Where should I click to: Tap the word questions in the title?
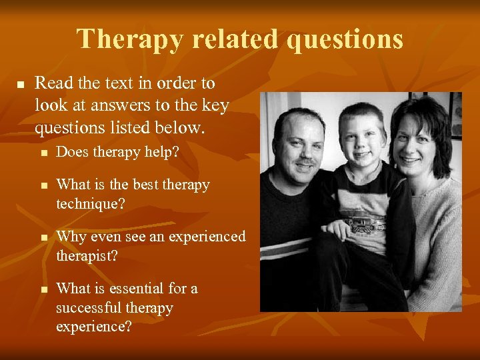click(345, 39)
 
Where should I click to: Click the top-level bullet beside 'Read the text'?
click(20, 85)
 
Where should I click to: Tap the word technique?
click(89, 204)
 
